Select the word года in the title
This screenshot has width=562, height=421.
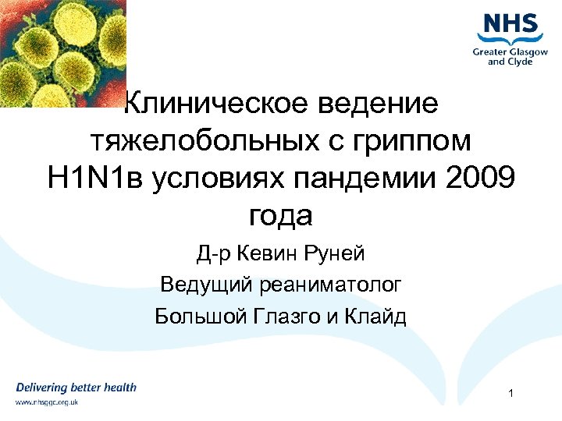pyautogui.click(x=281, y=216)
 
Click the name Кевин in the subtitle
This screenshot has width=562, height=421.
pyautogui.click(x=272, y=253)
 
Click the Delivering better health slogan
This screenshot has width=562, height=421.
pyautogui.click(x=76, y=387)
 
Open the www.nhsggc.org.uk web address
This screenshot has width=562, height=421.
pyautogui.click(x=48, y=402)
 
